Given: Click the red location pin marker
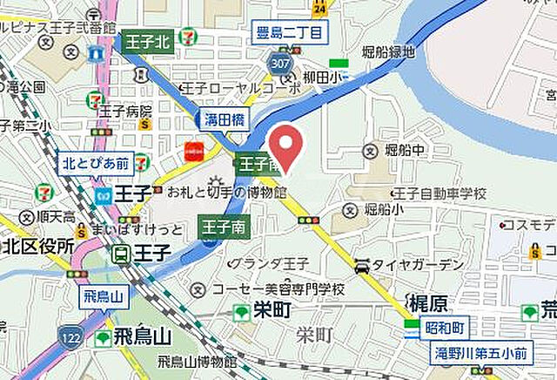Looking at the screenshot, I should (x=285, y=144).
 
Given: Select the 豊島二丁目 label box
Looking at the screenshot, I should (x=290, y=34).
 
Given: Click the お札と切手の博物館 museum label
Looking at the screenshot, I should (x=226, y=191).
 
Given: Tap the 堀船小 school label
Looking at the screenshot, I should (x=383, y=210).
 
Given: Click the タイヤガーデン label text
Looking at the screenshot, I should (x=419, y=265).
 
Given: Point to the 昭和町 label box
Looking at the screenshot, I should (x=446, y=325).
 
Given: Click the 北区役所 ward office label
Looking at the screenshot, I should (x=37, y=246).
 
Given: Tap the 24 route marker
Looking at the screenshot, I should (x=320, y=8).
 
